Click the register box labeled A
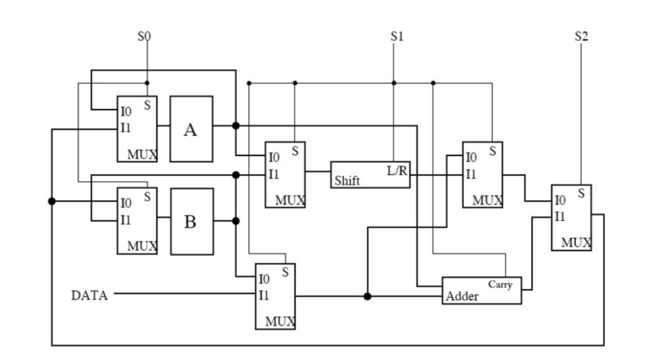tap(191, 129)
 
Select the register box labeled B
tap(191, 221)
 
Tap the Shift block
tap(370, 175)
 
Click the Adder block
tap(481, 290)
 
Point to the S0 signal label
tap(144, 36)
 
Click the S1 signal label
tap(397, 36)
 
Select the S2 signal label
tap(581, 36)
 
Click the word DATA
tap(89, 295)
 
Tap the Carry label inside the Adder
tap(500, 285)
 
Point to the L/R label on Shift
tap(397, 170)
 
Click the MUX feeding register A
tap(137, 129)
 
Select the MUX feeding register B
tap(137, 221)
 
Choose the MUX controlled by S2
tap(571, 218)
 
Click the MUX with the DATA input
tap(275, 296)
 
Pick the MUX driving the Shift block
tap(285, 175)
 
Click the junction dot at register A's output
tap(235, 125)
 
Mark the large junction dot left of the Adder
tap(367, 296)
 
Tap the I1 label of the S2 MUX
tap(559, 216)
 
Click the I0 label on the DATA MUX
tap(264, 278)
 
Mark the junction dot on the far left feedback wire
tap(52, 201)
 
